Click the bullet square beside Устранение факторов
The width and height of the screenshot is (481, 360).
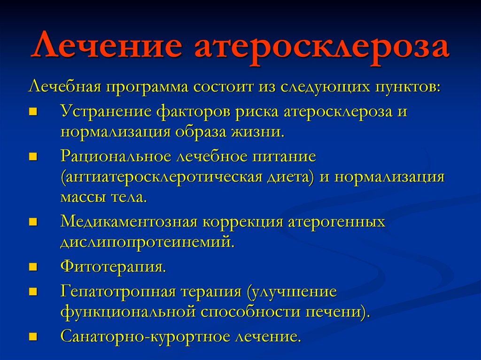pyautogui.click(x=33, y=112)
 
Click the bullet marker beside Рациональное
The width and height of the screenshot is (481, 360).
pyautogui.click(x=33, y=157)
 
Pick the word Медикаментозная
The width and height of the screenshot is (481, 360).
pyautogui.click(x=129, y=222)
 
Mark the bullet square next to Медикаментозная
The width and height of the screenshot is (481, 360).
pyautogui.click(x=33, y=222)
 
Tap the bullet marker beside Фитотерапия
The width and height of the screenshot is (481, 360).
pyautogui.click(x=33, y=267)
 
